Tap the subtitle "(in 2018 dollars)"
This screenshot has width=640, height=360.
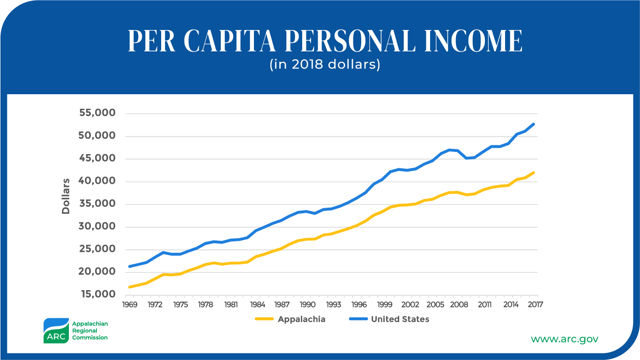click(325, 64)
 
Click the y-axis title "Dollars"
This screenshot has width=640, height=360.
click(66, 196)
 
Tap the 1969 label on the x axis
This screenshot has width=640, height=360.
click(130, 305)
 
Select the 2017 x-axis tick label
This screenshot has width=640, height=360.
click(535, 305)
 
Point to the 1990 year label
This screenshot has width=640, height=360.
click(307, 305)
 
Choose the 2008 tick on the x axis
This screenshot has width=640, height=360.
click(459, 305)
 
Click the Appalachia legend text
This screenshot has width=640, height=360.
click(301, 319)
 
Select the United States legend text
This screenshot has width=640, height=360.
click(400, 319)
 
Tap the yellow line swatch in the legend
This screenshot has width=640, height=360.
click(264, 319)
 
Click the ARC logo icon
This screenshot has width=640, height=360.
click(56, 330)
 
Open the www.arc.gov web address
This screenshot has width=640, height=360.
click(564, 338)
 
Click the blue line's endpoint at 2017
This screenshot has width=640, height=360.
click(533, 124)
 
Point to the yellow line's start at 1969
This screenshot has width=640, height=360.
click(130, 287)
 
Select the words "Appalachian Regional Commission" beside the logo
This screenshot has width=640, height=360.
click(89, 330)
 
